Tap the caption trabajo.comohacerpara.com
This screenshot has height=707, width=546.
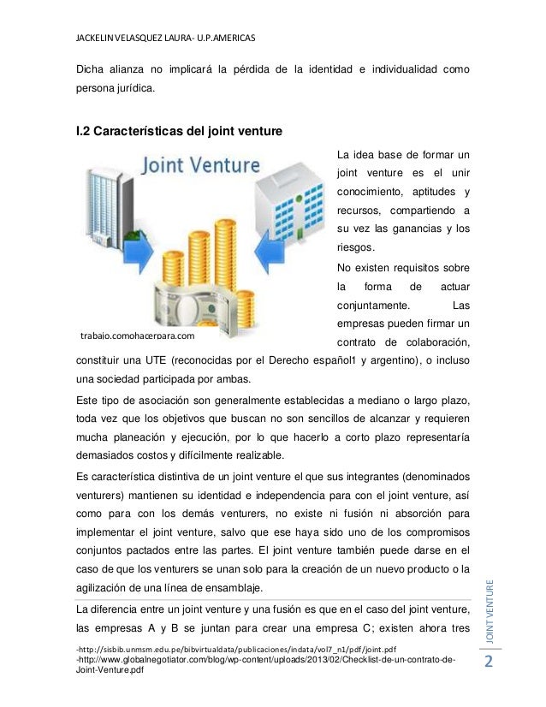137,336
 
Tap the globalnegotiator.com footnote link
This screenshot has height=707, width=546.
265,661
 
